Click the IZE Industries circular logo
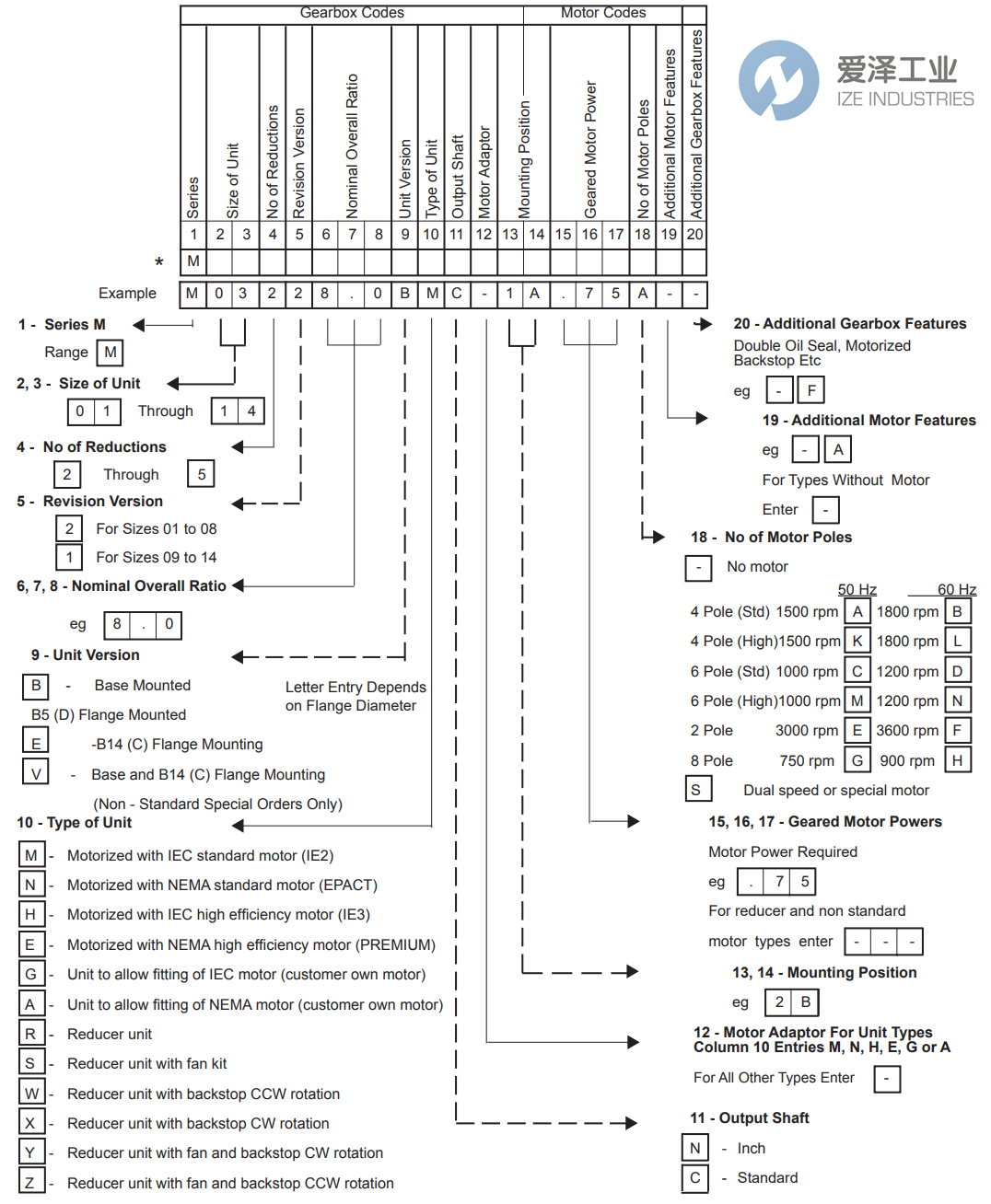click(778, 80)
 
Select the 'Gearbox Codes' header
click(352, 13)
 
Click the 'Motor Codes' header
click(603, 13)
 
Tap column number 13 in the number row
click(509, 235)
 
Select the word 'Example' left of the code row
click(127, 294)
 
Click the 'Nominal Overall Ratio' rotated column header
click(352, 145)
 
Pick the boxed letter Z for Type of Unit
click(30, 1183)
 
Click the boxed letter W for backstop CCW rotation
click(31, 1094)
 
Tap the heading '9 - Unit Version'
click(86, 655)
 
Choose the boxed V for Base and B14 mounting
click(35, 773)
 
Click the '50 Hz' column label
click(857, 590)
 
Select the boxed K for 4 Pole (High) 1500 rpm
click(857, 641)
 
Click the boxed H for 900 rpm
click(957, 760)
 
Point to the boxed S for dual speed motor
click(696, 790)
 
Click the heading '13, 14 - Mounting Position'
click(824, 973)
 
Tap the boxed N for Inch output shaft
click(694, 1148)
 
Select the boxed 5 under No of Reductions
click(201, 474)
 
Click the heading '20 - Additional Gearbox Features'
click(849, 324)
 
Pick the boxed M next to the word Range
click(110, 353)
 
